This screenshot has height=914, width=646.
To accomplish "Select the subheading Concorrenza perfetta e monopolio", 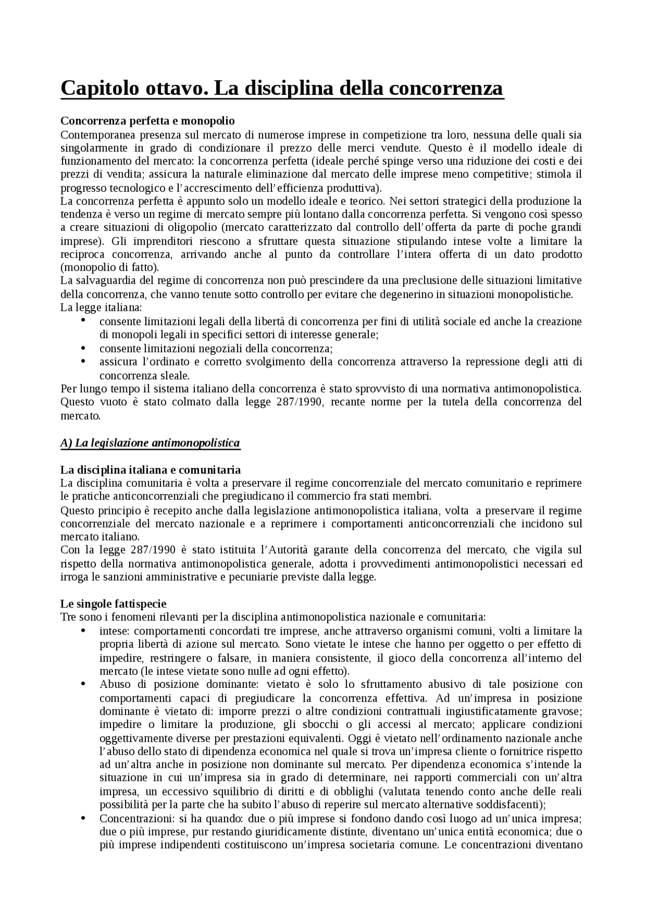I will [x=147, y=121].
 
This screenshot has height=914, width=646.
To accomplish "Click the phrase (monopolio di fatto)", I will [x=110, y=267].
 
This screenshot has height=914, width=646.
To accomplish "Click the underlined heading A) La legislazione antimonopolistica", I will [x=150, y=443].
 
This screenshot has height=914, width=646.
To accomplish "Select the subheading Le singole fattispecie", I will [x=113, y=604].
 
